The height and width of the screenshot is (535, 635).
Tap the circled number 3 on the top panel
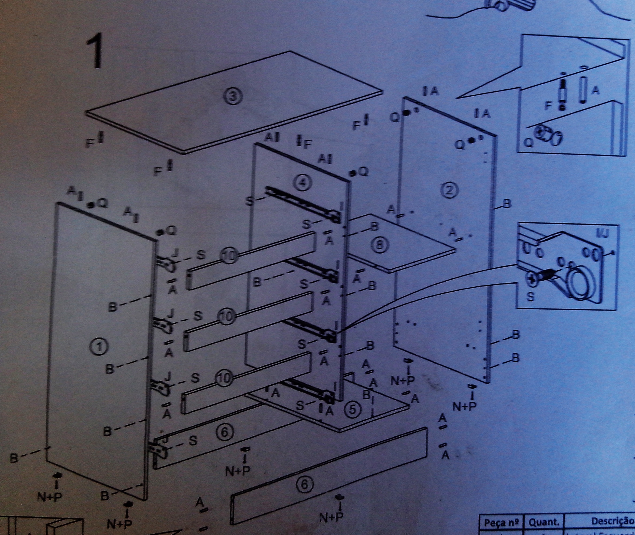(233, 96)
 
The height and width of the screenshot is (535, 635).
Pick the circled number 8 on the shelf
(379, 245)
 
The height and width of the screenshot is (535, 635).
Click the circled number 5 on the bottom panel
(353, 410)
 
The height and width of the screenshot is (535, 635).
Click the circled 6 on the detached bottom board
(304, 485)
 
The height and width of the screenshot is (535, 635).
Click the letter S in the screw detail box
(530, 297)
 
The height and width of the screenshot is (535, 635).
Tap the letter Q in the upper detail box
(529, 143)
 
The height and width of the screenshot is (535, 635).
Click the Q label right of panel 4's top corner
(363, 172)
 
